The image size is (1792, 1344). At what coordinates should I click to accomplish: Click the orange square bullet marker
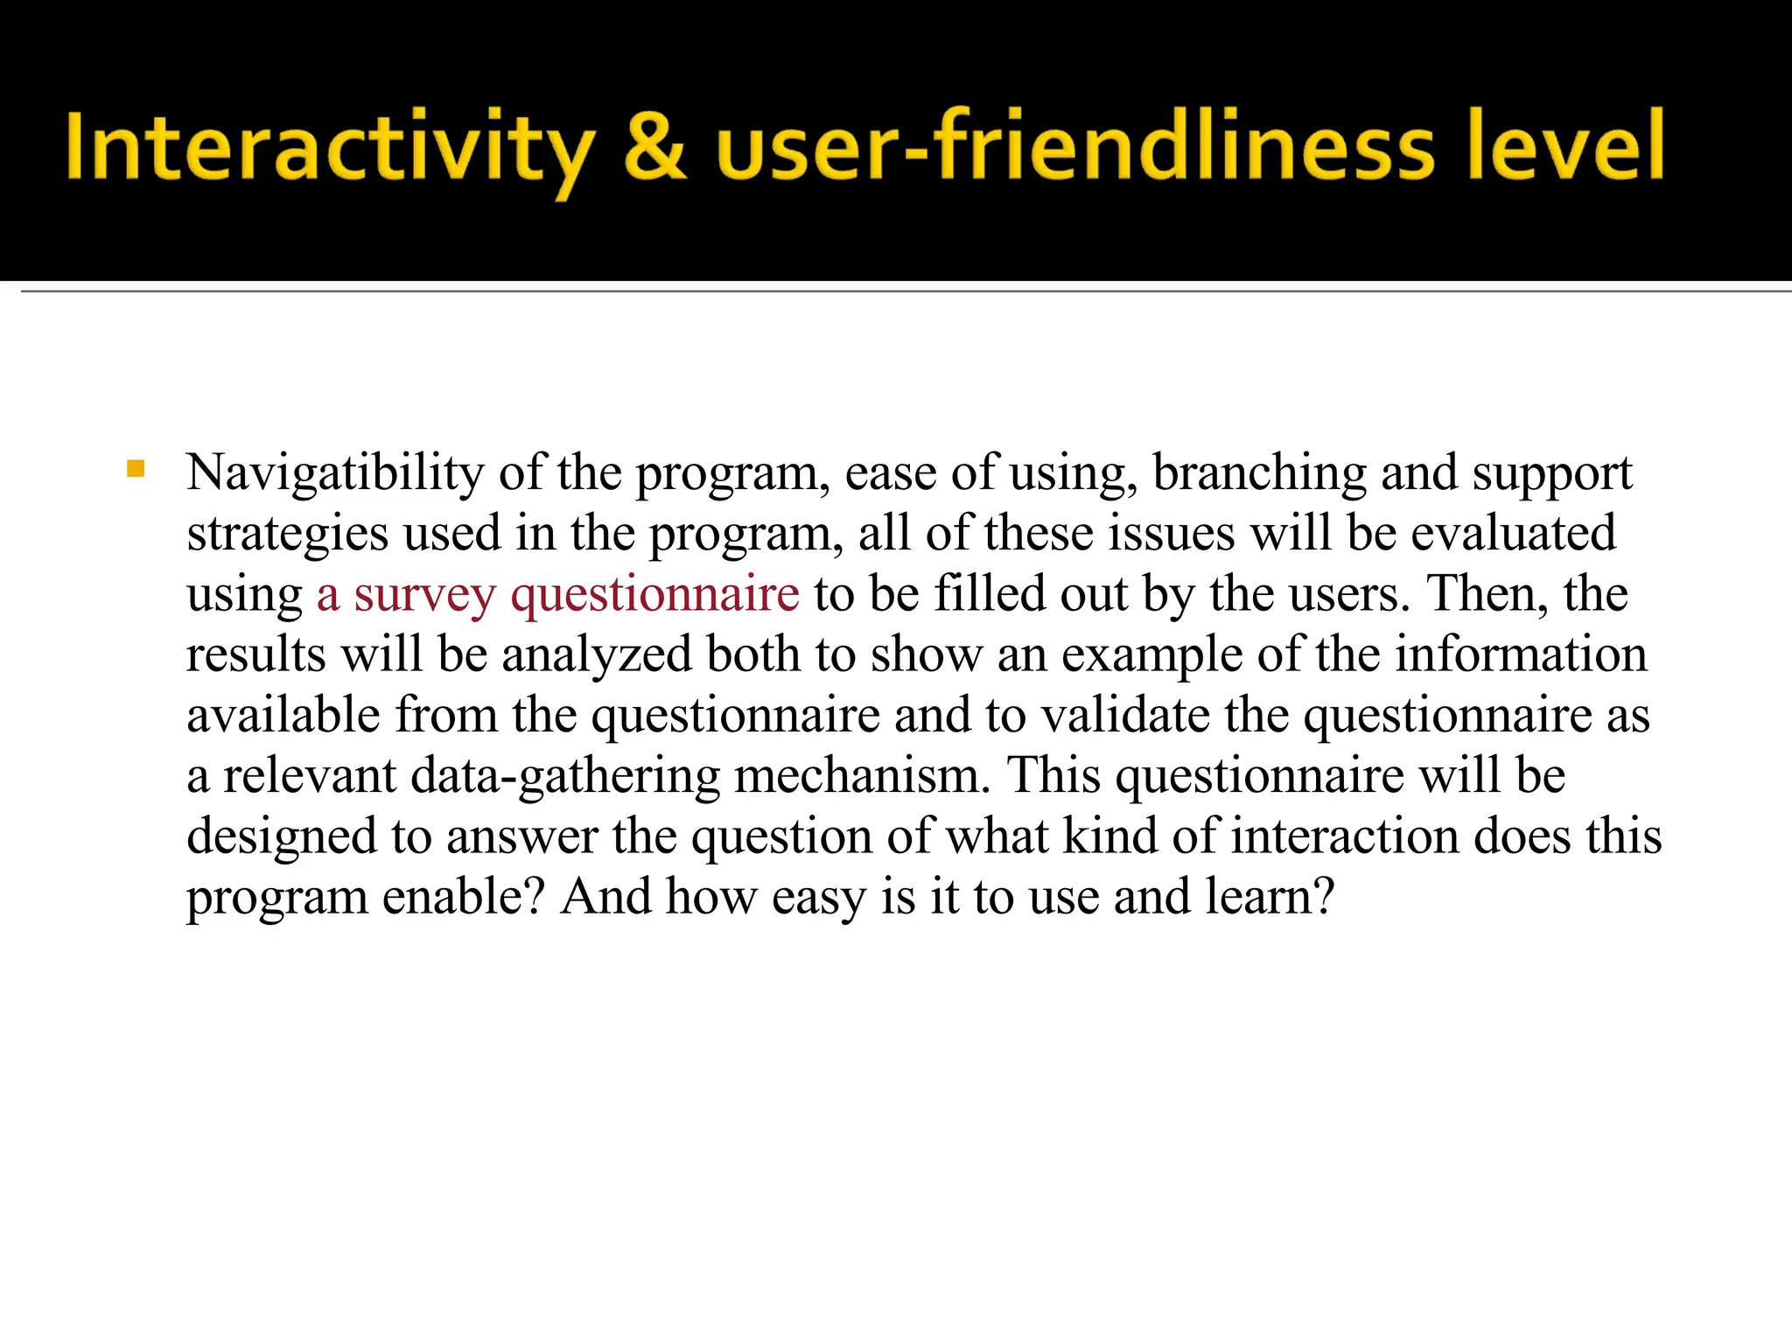pyautogui.click(x=136, y=469)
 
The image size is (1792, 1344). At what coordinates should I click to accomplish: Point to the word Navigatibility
pyautogui.click(x=335, y=473)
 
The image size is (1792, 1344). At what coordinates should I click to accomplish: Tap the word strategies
pyautogui.click(x=288, y=534)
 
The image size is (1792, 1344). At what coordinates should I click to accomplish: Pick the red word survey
pyautogui.click(x=424, y=595)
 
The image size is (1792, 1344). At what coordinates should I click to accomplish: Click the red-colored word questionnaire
pyautogui.click(x=654, y=595)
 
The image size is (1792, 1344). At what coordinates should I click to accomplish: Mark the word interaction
pyautogui.click(x=1345, y=836)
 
